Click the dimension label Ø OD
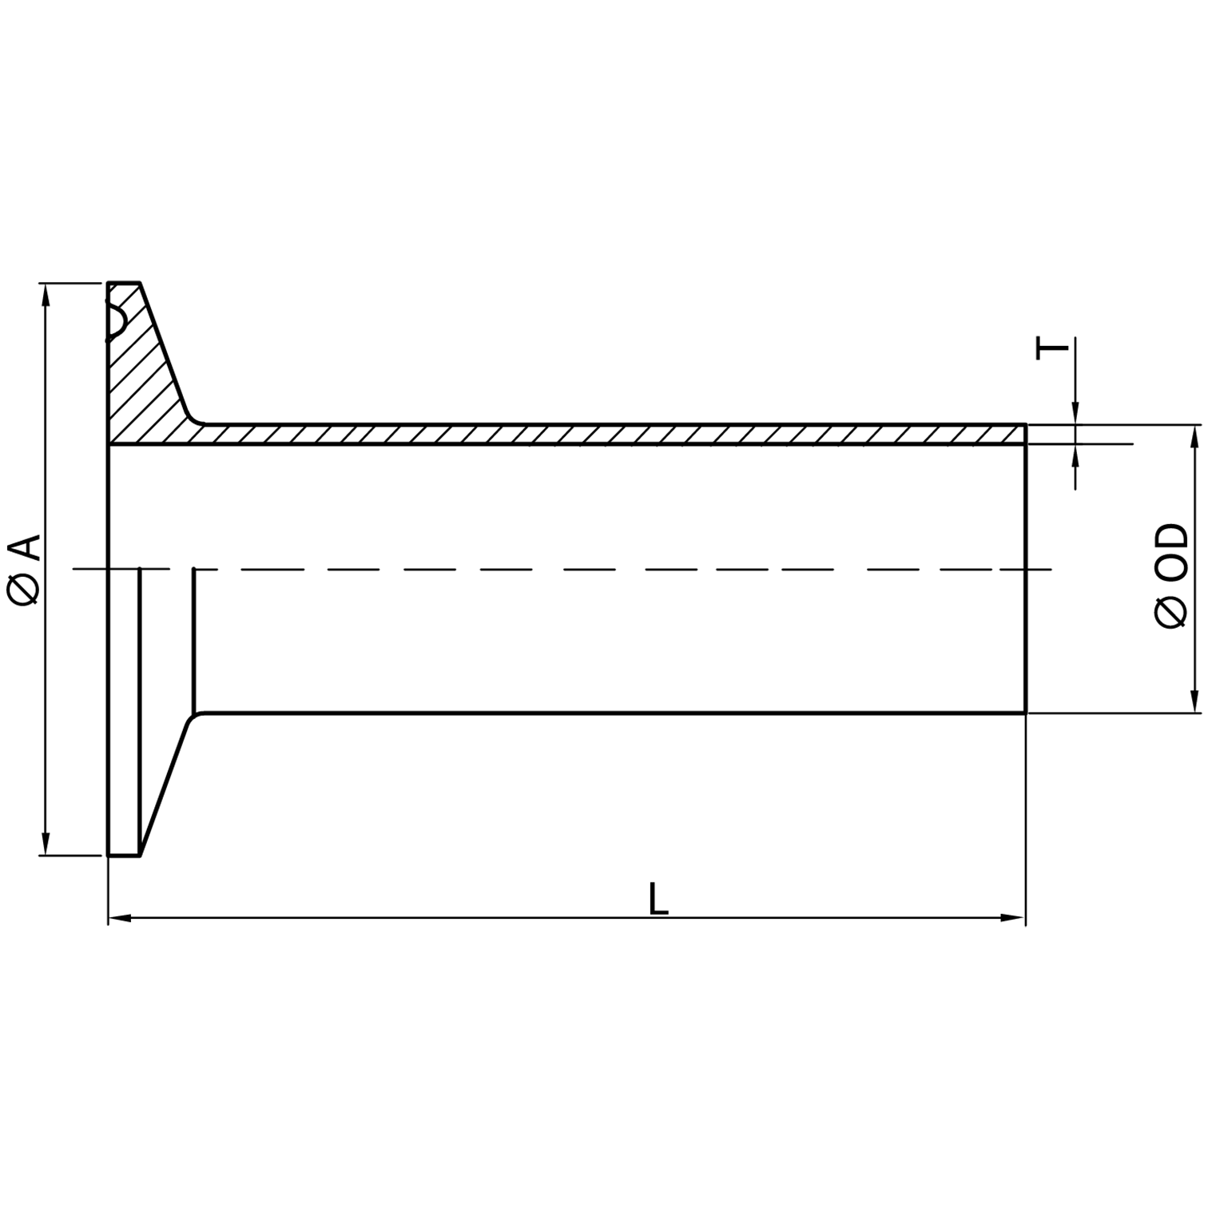pyautogui.click(x=1171, y=575)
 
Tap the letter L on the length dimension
pyautogui.click(x=658, y=899)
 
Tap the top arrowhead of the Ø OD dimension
pyautogui.click(x=1195, y=436)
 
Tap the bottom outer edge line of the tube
pyautogui.click(x=607, y=712)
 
